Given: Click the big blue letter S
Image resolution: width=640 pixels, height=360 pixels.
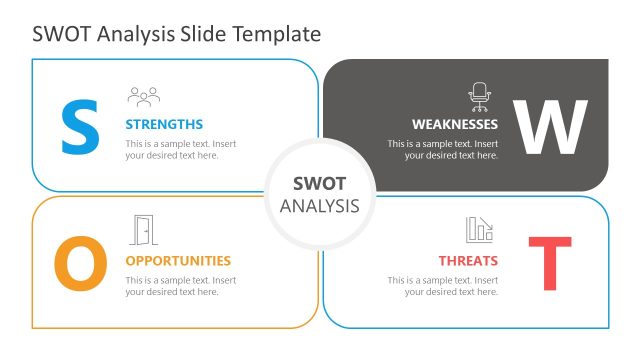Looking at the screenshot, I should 80,127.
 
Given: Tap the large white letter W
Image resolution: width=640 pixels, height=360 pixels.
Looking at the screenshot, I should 549,127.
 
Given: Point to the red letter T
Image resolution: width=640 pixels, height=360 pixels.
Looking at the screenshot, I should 549,263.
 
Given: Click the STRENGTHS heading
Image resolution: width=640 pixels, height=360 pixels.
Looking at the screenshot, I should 164,125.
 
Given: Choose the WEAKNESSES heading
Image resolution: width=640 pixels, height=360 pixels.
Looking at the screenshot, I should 455,125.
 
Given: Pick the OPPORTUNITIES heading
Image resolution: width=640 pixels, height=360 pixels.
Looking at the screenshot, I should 178,261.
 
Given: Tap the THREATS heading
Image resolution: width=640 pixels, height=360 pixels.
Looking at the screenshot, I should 468,261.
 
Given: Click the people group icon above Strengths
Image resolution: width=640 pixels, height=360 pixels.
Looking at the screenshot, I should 144,96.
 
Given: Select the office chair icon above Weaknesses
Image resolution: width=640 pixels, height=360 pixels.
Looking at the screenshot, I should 480,96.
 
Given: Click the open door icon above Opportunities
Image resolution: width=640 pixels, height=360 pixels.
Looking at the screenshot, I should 144,231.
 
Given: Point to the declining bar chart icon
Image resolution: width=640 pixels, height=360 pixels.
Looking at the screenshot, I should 480,230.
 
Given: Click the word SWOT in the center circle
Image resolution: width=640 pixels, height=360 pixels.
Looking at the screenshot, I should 319,184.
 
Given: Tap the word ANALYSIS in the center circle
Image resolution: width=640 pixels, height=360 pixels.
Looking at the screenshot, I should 319,206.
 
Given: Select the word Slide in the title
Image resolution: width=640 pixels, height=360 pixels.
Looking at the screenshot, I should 203,34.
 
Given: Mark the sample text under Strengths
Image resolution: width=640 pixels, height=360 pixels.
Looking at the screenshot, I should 181,150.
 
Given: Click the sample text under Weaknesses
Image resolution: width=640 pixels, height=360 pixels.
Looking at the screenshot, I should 443,150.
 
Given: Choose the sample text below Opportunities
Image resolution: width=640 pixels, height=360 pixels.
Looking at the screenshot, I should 181,286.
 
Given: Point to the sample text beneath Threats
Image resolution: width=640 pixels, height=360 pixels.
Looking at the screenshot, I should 443,286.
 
